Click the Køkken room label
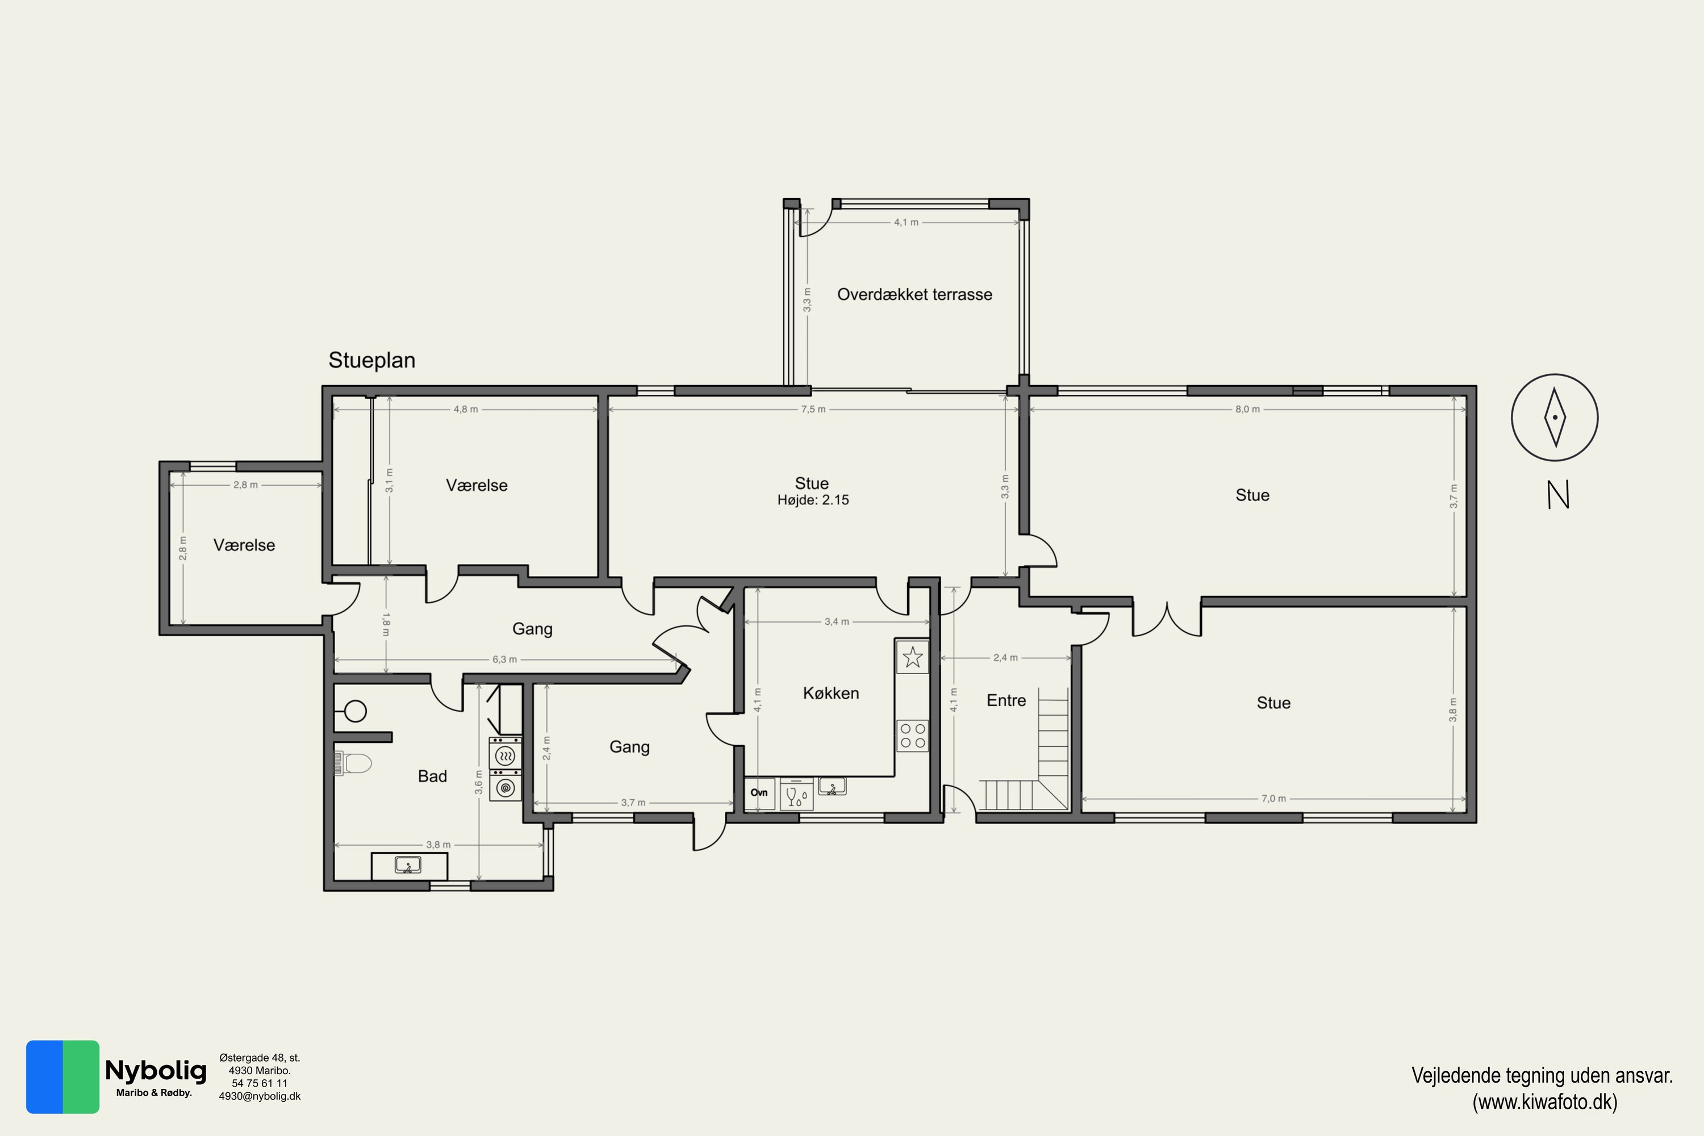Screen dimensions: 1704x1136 click(x=831, y=694)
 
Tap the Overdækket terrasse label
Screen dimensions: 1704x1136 click(x=914, y=295)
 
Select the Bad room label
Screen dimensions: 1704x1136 click(x=432, y=776)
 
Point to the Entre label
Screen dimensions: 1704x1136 click(x=1006, y=700)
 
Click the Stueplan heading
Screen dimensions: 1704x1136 click(x=371, y=360)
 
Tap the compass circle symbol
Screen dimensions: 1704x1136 click(x=1555, y=417)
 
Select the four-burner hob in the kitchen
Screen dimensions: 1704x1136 click(x=913, y=736)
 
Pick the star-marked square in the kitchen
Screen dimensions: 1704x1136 click(x=913, y=657)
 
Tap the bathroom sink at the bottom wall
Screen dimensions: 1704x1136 click(x=408, y=865)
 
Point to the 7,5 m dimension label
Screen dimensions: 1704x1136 click(x=813, y=410)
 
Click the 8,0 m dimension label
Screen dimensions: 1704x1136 click(x=1247, y=410)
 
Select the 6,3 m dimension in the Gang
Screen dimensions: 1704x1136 click(x=505, y=660)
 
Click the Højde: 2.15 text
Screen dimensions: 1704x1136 click(x=813, y=500)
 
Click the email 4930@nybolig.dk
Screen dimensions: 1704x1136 click(x=260, y=1096)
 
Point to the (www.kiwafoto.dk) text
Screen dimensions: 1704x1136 click(x=1544, y=1102)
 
